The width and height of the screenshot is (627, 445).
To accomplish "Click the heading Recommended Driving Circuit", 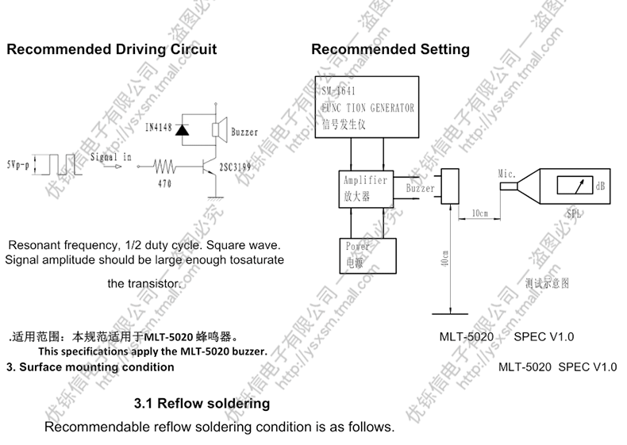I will coord(111,49).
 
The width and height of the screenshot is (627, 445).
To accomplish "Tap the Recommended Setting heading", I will coord(390,49).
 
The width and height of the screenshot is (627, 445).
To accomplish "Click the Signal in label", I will coord(111,157).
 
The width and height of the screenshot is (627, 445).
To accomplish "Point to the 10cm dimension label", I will coord(479,213).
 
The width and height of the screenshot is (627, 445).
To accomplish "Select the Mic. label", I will coord(507,173).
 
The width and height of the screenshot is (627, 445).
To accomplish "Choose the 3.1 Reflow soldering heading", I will coord(202,404).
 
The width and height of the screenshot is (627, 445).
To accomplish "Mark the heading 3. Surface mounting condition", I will coord(90,367).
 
